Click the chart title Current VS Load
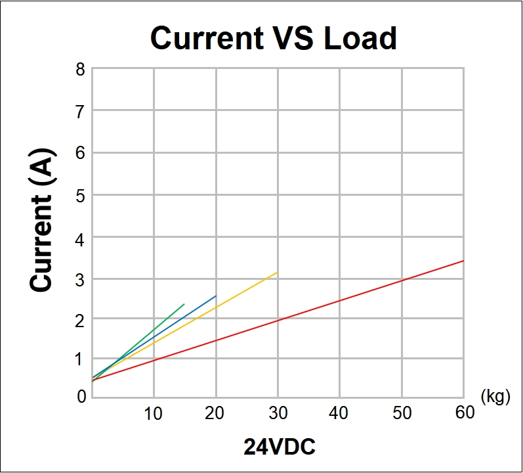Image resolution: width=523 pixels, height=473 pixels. (274, 38)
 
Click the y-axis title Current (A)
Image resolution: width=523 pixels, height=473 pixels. (42, 221)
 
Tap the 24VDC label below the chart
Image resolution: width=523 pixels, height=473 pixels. (280, 447)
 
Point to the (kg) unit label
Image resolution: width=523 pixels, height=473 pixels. (495, 396)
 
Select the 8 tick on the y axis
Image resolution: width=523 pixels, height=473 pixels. (81, 69)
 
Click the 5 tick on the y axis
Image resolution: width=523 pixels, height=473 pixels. (81, 195)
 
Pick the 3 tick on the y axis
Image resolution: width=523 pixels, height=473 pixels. (81, 279)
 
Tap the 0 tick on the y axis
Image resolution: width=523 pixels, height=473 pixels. (81, 396)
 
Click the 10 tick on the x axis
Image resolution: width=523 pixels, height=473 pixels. (153, 413)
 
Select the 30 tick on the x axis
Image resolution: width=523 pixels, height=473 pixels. (278, 413)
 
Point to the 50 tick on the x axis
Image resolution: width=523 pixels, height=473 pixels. (402, 413)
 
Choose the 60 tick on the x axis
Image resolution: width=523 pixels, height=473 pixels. (464, 413)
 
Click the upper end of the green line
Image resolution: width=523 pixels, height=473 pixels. (184, 304)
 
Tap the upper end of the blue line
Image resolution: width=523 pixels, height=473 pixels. (216, 296)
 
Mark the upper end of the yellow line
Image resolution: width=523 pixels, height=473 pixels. (278, 272)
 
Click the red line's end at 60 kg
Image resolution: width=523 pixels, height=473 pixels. (464, 261)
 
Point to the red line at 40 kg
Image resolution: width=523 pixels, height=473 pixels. (340, 300)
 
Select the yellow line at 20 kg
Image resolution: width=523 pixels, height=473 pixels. (216, 307)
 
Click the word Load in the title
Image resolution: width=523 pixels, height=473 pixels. (360, 38)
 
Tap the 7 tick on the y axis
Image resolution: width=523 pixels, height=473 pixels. (81, 111)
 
